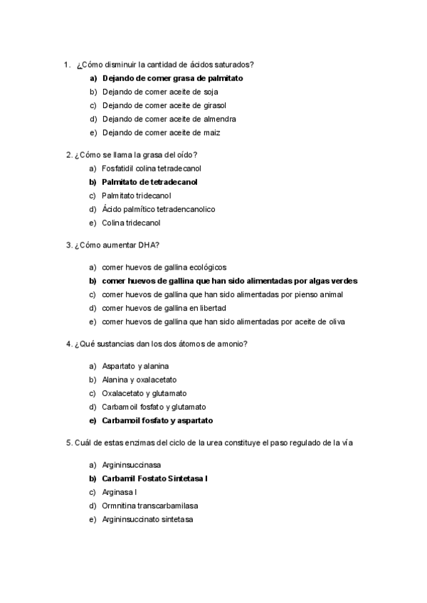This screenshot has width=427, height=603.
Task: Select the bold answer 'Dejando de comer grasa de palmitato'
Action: [x=172, y=78]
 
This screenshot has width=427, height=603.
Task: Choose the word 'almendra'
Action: [x=218, y=119]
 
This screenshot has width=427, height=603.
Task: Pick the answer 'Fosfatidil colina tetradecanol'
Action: [x=152, y=169]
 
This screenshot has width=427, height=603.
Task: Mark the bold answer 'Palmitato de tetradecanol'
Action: [x=149, y=182]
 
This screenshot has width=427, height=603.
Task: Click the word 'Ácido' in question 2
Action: [x=112, y=209]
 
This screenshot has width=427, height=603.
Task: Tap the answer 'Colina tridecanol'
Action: [x=131, y=223]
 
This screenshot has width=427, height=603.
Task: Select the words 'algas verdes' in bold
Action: [x=333, y=281]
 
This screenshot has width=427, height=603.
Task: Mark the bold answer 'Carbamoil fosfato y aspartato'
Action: [x=157, y=420]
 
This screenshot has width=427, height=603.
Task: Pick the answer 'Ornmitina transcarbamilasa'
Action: [x=149, y=506]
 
